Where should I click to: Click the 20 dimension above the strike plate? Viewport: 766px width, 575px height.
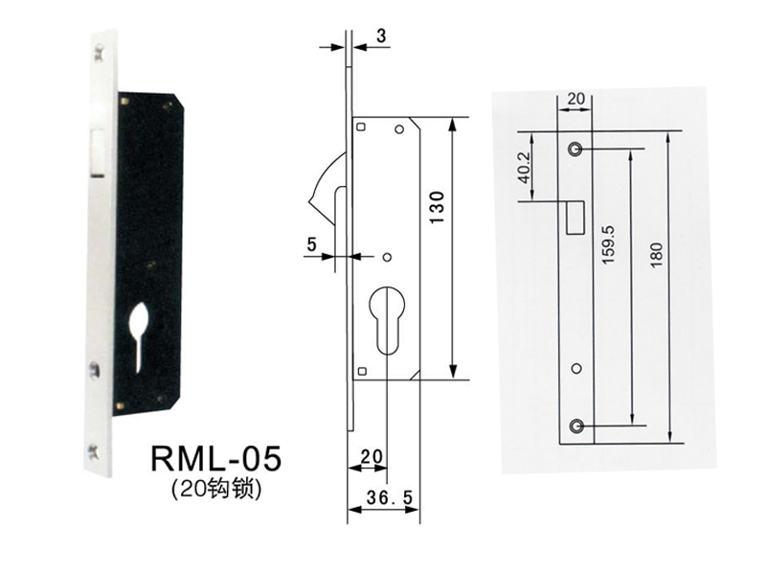click(x=576, y=98)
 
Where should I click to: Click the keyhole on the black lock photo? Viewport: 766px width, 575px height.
click(x=140, y=326)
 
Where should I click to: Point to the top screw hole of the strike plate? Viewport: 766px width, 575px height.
click(x=575, y=149)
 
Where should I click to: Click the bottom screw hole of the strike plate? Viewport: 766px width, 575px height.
click(x=575, y=424)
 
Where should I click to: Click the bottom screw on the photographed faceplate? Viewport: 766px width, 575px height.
click(x=93, y=447)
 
